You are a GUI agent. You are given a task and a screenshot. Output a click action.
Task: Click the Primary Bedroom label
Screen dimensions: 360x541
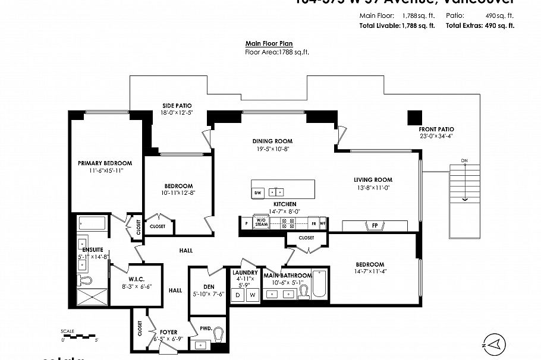[105, 163]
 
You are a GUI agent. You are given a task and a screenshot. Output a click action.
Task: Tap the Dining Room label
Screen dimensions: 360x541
[272, 141]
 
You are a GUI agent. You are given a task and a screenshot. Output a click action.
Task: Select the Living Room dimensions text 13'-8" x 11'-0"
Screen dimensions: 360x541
[373, 188]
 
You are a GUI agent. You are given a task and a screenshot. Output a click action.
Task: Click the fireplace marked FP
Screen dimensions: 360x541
[375, 226]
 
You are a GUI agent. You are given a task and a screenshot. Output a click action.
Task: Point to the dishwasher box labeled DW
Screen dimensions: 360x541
[258, 192]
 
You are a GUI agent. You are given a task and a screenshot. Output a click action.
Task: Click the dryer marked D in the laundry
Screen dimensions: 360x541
[238, 295]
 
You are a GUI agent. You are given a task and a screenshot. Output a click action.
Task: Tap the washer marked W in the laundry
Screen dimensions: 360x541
[251, 295]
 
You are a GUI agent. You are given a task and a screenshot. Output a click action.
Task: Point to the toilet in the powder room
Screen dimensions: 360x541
[218, 336]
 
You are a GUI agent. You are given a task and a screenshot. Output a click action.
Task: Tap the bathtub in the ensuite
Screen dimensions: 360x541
[92, 224]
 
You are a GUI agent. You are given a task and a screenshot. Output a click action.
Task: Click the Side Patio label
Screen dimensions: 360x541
[177, 106]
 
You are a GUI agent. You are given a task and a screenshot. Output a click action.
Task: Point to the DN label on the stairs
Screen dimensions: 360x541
[465, 161]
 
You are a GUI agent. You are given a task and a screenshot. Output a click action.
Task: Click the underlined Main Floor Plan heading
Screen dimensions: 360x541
[269, 43]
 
